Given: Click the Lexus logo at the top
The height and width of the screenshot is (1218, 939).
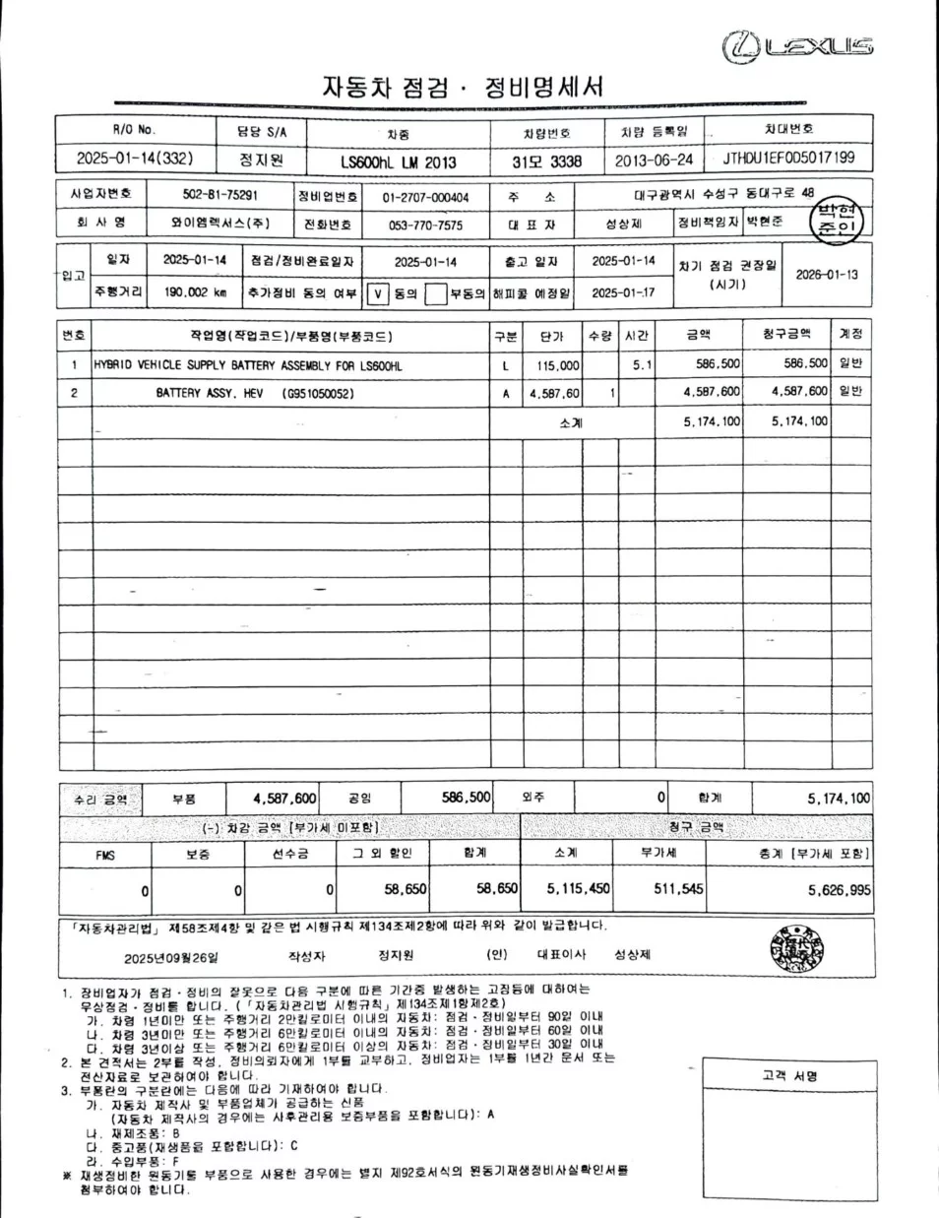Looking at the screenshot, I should [x=797, y=46].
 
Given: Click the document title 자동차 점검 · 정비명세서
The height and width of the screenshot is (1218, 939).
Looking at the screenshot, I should [x=463, y=88].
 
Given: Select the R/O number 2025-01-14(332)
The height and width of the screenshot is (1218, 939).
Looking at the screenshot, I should [x=135, y=159].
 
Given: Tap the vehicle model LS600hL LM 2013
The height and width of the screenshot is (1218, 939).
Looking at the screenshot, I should [x=398, y=161].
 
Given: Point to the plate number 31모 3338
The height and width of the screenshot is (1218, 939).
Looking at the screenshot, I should [x=546, y=161].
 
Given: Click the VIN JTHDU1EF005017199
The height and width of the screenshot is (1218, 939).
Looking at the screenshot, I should [x=788, y=158].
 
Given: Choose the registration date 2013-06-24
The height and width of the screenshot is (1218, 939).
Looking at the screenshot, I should [x=654, y=160].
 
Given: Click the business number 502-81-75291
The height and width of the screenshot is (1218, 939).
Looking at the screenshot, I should [x=220, y=195].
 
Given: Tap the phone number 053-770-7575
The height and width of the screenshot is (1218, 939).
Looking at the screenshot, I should [x=425, y=225].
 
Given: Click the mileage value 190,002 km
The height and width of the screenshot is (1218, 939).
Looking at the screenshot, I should [x=195, y=292].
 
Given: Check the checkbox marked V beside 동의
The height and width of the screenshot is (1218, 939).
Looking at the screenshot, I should [x=378, y=293].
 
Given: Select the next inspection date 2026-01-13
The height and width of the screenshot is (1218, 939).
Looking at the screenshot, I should [x=827, y=275].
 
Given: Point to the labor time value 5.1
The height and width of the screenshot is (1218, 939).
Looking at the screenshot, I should [x=642, y=365].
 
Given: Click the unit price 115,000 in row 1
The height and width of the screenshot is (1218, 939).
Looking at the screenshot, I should [x=557, y=365].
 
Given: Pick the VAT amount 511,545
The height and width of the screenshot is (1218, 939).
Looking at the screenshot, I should [x=678, y=889].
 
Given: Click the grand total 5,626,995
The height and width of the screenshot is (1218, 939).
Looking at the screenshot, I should [x=839, y=890].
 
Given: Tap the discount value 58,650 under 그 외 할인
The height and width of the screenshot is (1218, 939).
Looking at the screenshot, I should [x=405, y=889].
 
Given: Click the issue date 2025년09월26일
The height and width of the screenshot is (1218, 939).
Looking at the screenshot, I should [x=171, y=957].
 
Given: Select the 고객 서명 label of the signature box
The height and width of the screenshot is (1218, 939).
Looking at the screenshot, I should [x=789, y=1075].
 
